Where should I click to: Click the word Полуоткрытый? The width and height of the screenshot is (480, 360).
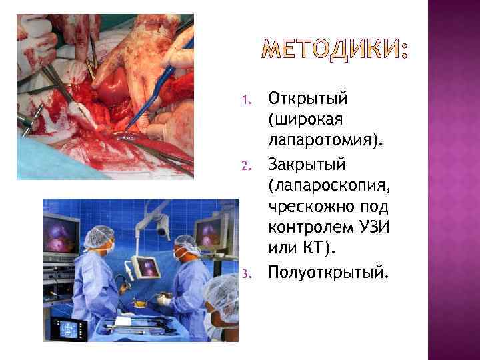tap(316, 273)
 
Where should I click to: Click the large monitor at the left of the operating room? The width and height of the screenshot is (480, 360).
tap(61, 236)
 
